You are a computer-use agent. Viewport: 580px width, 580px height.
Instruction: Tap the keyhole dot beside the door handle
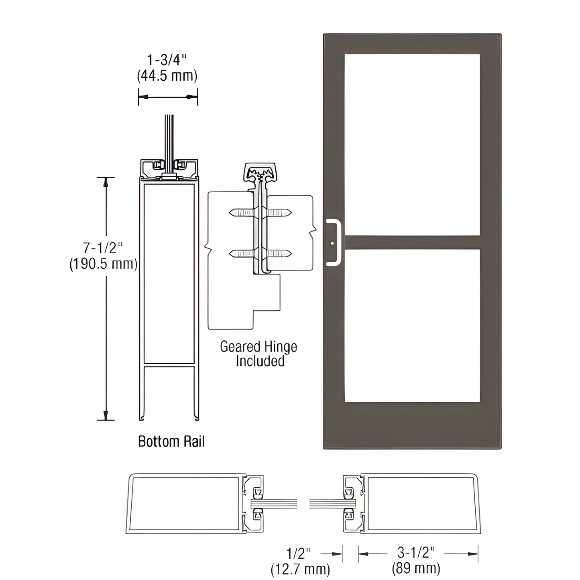pyautogui.click(x=332, y=243)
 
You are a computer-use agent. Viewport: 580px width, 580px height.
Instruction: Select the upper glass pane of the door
pyautogui.click(x=412, y=144)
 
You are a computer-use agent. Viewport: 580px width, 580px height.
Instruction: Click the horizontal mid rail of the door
pyautogui.click(x=412, y=242)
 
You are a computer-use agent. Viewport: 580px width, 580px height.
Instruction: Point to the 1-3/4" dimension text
pyautogui.click(x=167, y=60)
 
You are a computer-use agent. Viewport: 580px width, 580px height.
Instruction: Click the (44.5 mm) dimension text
pyautogui.click(x=167, y=75)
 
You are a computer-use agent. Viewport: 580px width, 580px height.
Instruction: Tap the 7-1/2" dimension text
pyautogui.click(x=103, y=248)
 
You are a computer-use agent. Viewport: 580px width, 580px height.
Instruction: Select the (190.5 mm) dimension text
pyautogui.click(x=103, y=264)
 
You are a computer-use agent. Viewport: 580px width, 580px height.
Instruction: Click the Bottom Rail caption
pyautogui.click(x=171, y=442)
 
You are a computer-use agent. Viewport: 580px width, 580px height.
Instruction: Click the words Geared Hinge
pyautogui.click(x=258, y=346)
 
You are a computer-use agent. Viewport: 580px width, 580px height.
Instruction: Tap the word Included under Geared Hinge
pyautogui.click(x=260, y=361)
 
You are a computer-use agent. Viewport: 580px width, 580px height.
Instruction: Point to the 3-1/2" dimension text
pyautogui.click(x=417, y=553)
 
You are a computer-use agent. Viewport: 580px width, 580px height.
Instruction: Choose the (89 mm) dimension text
pyautogui.click(x=416, y=568)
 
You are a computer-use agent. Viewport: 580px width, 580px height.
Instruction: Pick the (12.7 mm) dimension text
pyautogui.click(x=300, y=568)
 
